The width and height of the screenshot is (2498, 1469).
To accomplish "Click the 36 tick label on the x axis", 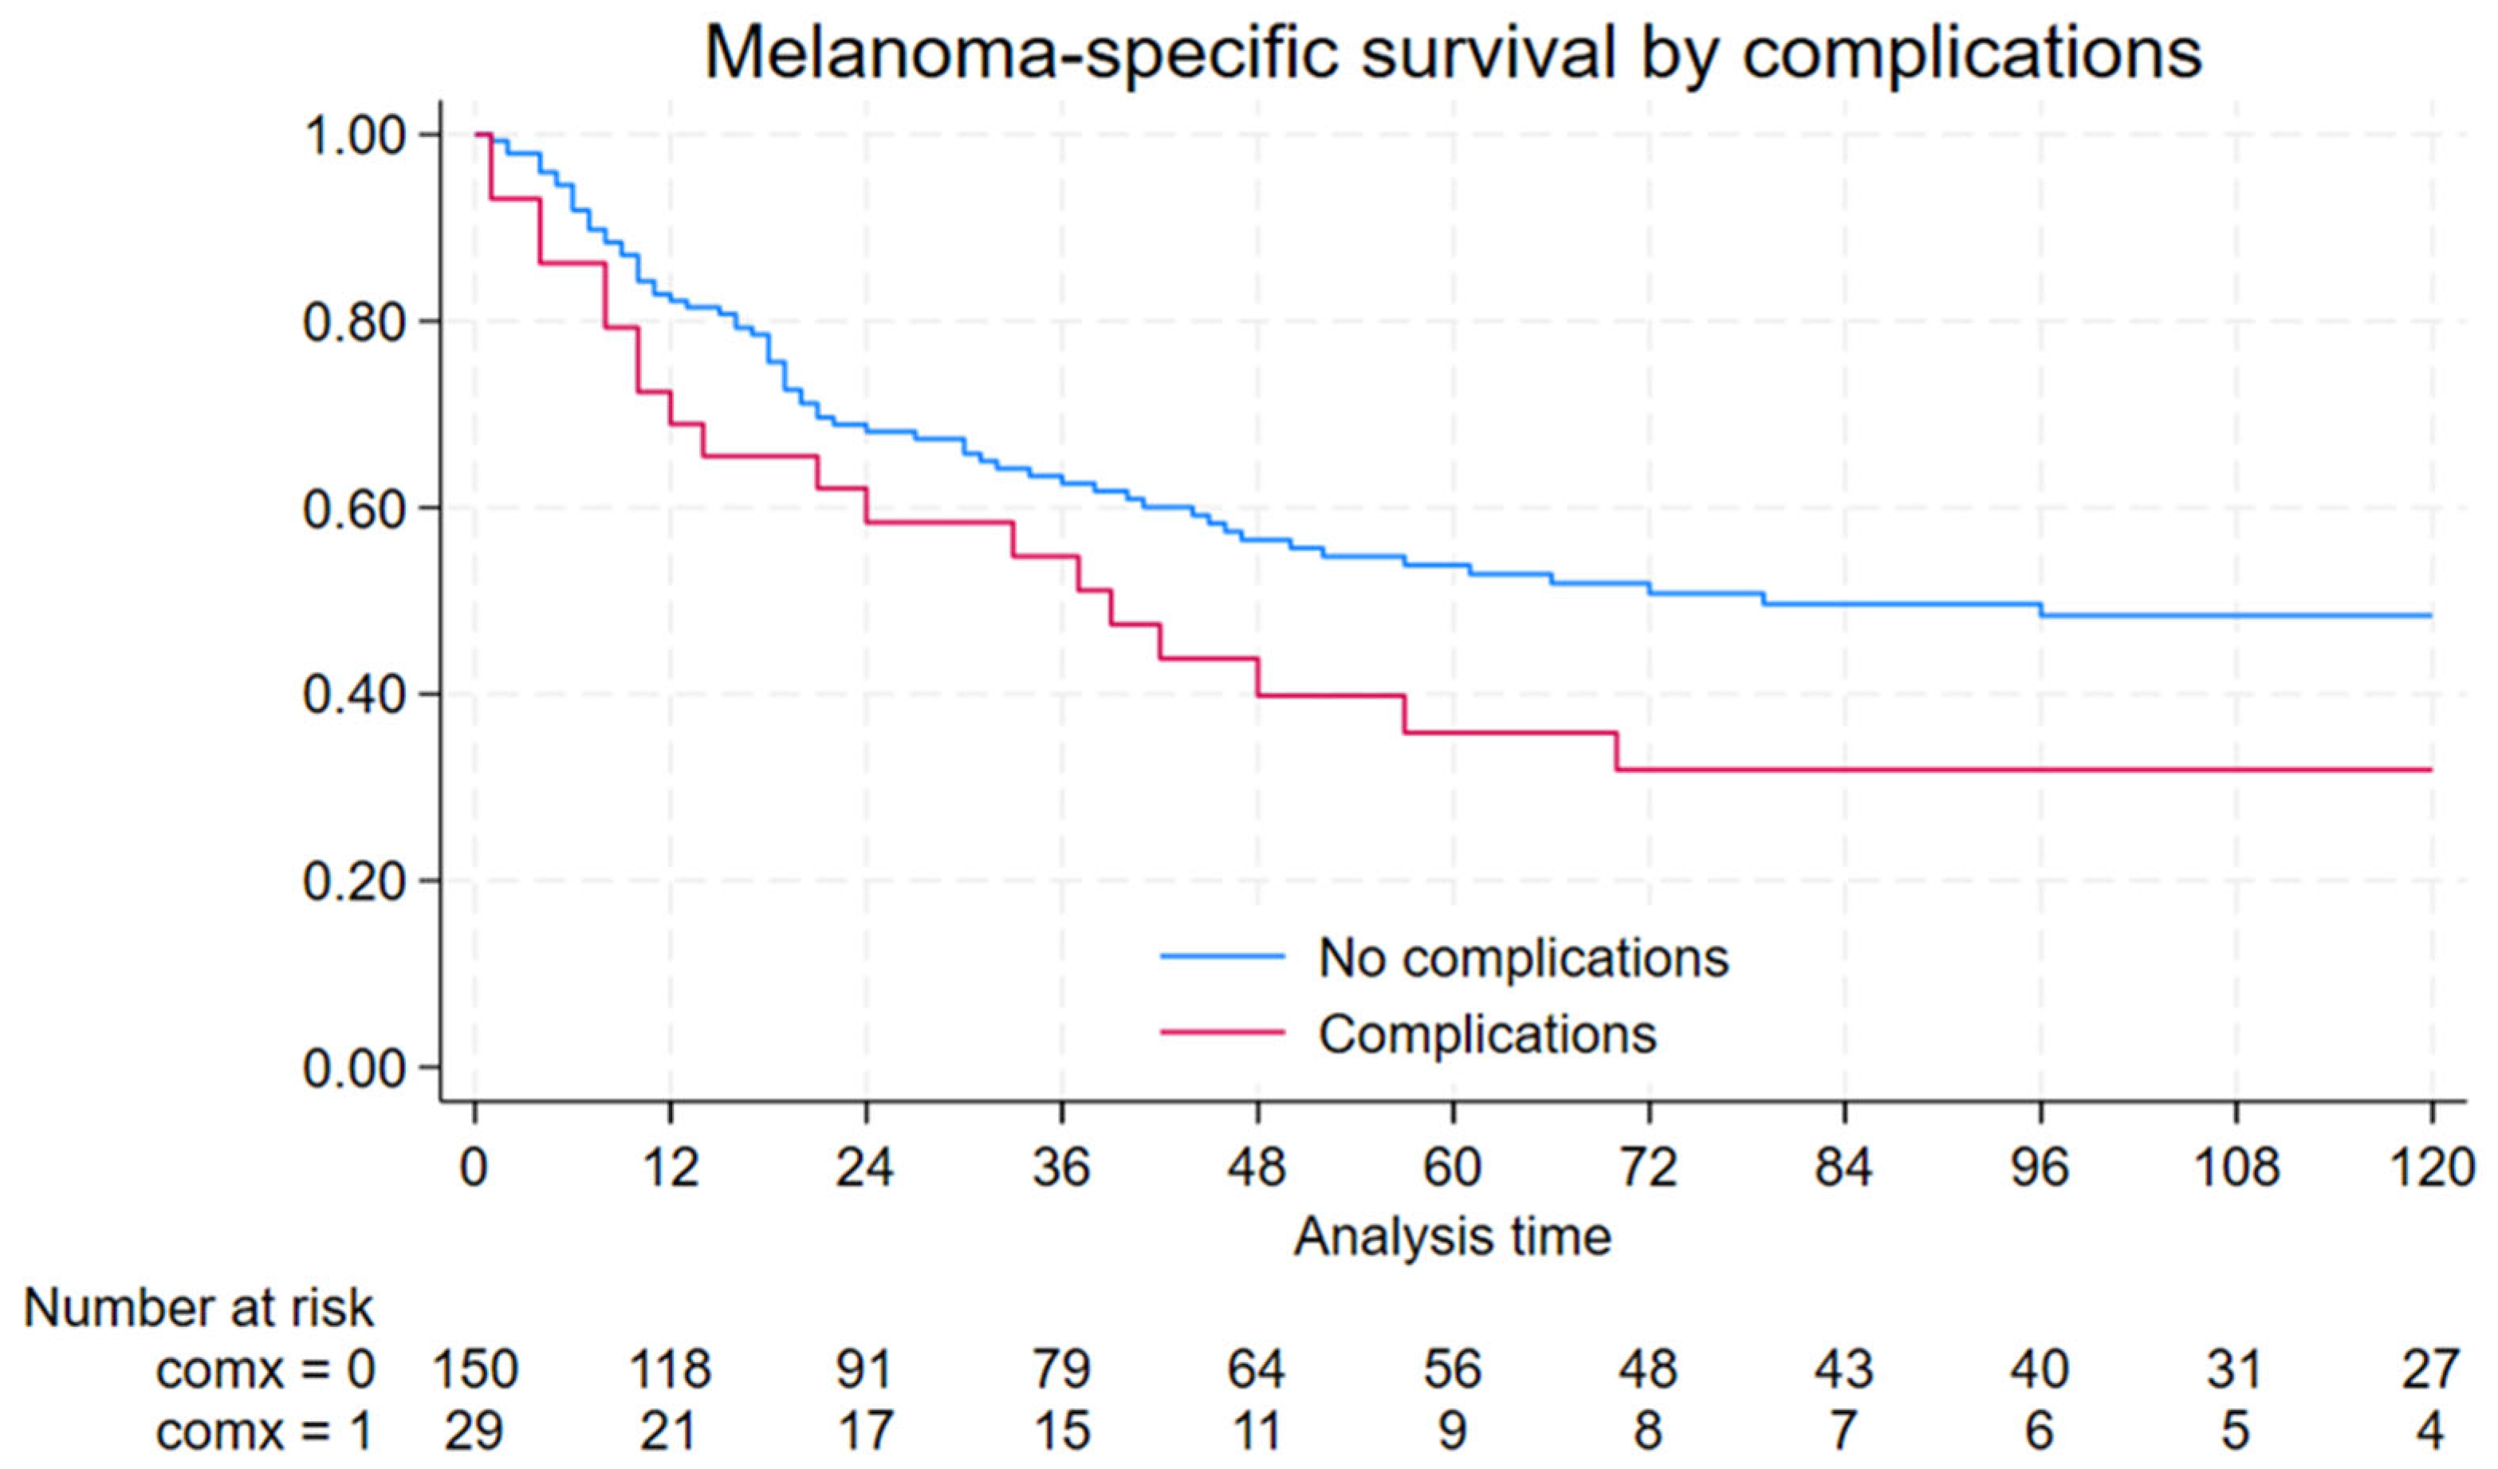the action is click(1062, 1167).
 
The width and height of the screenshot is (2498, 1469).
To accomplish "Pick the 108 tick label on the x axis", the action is click(2236, 1167).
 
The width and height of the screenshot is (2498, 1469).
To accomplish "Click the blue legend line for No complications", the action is click(1222, 958).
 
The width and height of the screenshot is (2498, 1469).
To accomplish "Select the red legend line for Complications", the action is click(1222, 1034).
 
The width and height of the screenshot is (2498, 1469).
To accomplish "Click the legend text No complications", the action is click(1524, 959).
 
